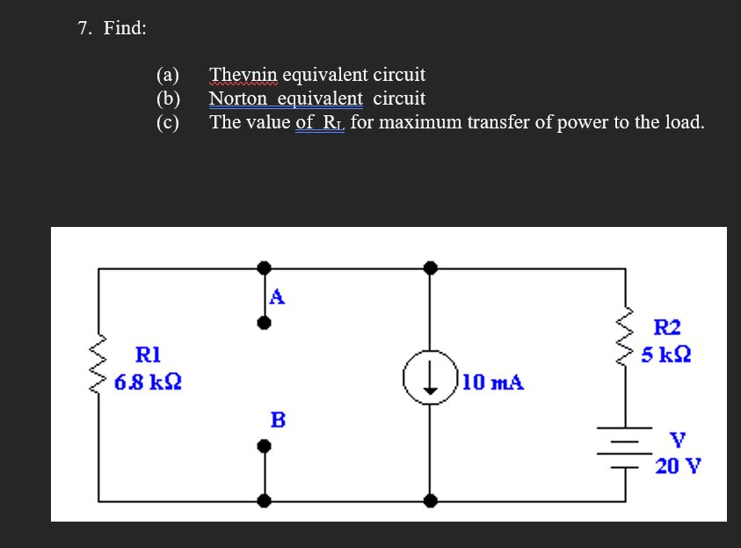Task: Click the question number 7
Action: point(84,28)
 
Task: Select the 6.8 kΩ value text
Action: point(148,383)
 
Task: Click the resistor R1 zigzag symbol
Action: point(98,364)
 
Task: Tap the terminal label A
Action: point(277,297)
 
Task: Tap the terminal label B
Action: point(278,420)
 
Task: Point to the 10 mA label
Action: point(492,383)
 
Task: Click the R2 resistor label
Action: point(668,328)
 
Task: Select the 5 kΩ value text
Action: point(665,355)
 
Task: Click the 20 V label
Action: point(678,465)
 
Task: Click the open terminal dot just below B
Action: point(264,445)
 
